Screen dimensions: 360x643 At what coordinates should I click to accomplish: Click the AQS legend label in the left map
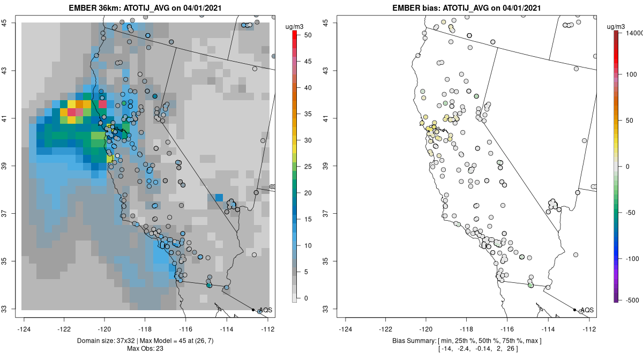[265, 310]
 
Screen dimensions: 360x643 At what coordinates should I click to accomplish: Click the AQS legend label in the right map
[587, 310]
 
